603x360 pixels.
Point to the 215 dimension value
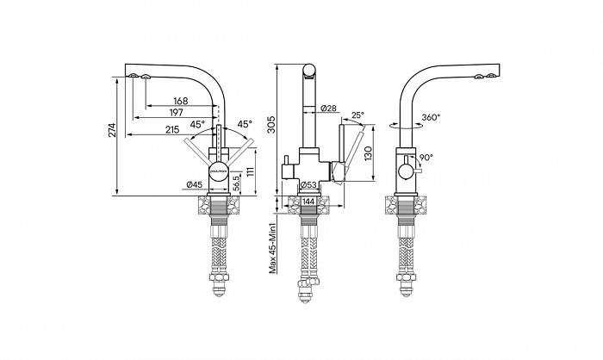coord(171,130)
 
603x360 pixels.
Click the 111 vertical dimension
coord(251,171)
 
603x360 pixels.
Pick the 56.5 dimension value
coord(235,183)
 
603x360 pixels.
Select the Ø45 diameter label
coord(195,184)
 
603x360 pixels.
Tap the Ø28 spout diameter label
coord(327,109)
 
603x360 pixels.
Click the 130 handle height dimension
coord(369,153)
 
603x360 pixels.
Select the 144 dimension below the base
coord(308,202)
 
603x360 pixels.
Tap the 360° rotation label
coord(431,117)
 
